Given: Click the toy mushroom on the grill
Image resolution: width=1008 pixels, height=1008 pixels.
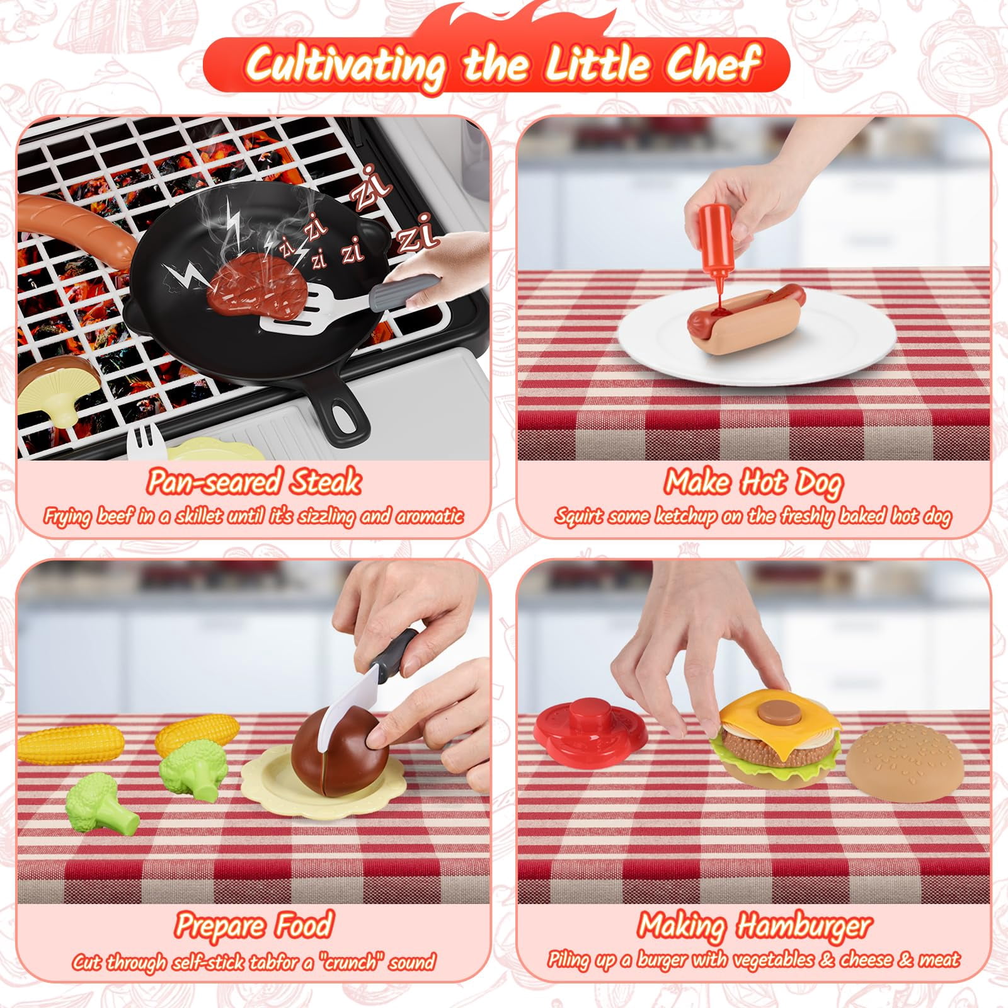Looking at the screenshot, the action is pyautogui.click(x=57, y=385).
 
